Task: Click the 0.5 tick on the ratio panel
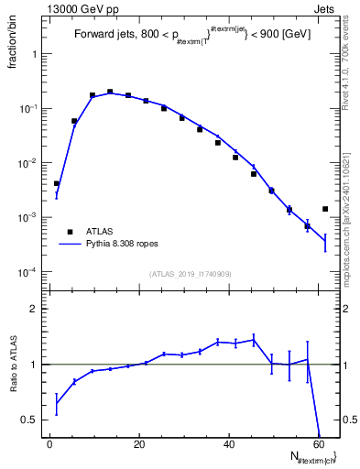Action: click(x=33, y=420)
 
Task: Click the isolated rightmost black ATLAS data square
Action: click(x=325, y=209)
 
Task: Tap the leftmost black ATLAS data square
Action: click(x=56, y=184)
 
